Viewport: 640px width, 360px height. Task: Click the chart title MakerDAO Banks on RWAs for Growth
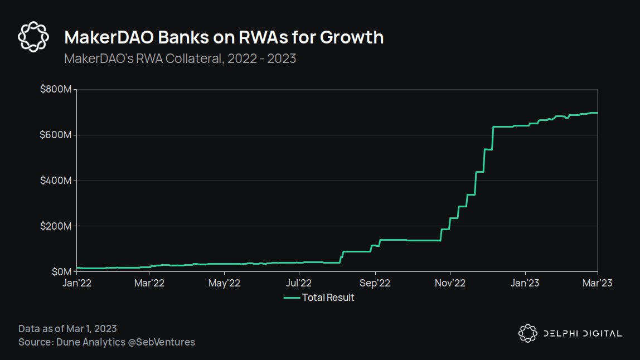[224, 37]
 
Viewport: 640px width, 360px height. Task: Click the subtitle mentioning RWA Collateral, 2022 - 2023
[180, 59]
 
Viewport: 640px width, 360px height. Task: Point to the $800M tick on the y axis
[55, 90]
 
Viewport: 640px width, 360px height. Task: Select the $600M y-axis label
[55, 135]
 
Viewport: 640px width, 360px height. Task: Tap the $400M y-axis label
[55, 181]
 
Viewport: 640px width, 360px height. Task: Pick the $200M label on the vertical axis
[55, 226]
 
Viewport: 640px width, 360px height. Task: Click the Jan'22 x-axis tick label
[76, 283]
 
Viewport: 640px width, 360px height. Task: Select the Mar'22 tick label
[149, 283]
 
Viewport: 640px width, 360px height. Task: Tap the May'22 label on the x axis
[224, 283]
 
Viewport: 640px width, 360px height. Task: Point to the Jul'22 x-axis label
[299, 283]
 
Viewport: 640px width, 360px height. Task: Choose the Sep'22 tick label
[375, 283]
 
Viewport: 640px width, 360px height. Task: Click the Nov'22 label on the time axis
[450, 283]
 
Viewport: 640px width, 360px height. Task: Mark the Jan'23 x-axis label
[525, 283]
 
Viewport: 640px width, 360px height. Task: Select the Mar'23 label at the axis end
[597, 283]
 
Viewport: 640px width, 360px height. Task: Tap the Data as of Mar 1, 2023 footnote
[67, 329]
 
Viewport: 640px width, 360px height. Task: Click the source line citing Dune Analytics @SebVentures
[106, 342]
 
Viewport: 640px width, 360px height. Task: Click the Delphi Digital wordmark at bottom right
[582, 333]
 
